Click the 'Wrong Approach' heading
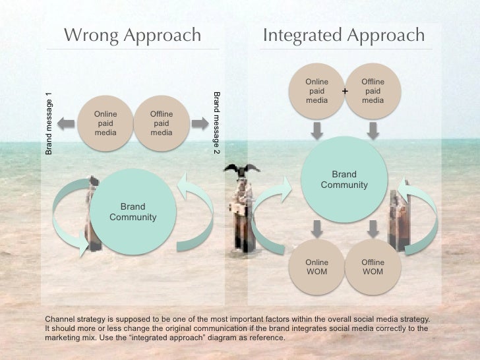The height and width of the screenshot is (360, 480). click(x=132, y=35)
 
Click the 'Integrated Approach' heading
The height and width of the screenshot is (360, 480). click(x=344, y=35)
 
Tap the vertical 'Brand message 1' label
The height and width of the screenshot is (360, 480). click(x=49, y=123)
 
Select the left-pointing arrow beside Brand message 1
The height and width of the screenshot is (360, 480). click(x=66, y=123)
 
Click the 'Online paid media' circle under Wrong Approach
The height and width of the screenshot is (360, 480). click(x=105, y=123)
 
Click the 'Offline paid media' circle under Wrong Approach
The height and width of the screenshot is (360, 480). click(x=162, y=123)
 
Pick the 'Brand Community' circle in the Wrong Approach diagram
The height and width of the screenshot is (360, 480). click(x=133, y=211)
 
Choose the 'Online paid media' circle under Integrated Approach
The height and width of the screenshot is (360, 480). click(x=316, y=91)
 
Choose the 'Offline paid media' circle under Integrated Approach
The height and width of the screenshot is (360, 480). click(x=373, y=91)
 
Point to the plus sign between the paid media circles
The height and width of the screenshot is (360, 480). click(x=344, y=90)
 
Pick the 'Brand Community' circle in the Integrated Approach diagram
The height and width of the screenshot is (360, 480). click(x=344, y=179)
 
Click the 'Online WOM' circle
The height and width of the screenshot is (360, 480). click(x=316, y=267)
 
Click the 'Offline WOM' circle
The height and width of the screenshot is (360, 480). click(x=373, y=267)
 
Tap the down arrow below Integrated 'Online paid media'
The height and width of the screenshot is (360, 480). click(x=317, y=131)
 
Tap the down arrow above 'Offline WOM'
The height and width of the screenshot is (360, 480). click(x=373, y=229)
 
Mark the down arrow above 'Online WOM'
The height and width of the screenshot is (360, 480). click(x=317, y=229)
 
